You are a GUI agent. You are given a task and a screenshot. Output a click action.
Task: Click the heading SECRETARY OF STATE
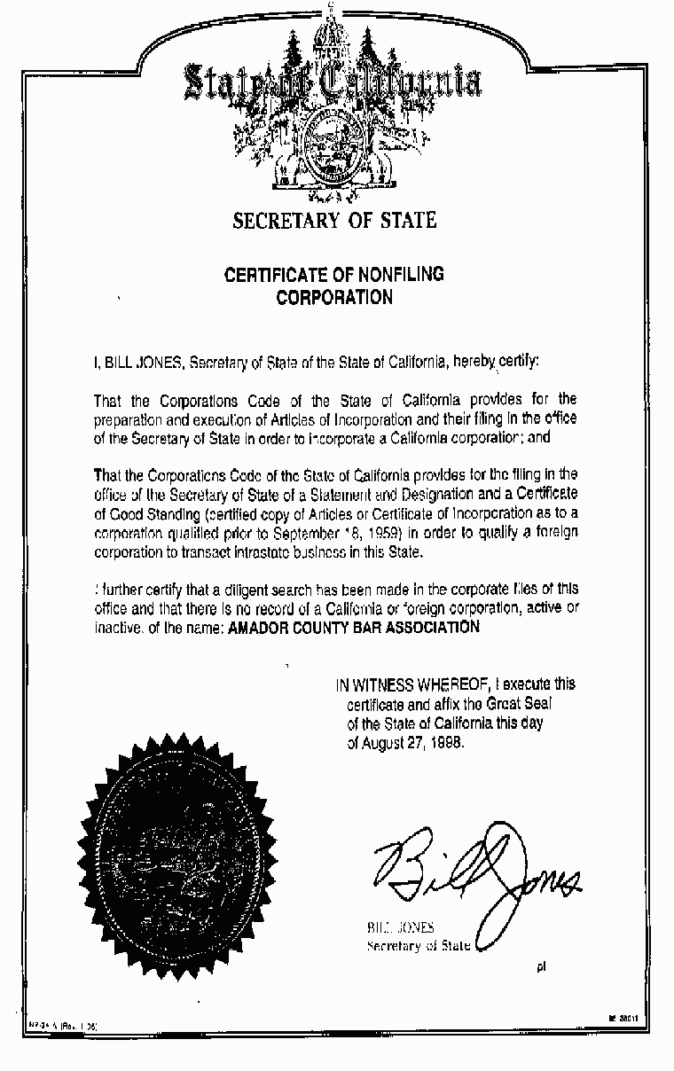[334, 220]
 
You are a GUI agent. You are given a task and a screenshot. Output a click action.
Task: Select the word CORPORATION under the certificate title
[334, 298]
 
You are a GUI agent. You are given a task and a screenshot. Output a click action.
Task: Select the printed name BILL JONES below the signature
[401, 927]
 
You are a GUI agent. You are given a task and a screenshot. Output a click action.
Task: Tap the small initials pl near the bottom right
[541, 966]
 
